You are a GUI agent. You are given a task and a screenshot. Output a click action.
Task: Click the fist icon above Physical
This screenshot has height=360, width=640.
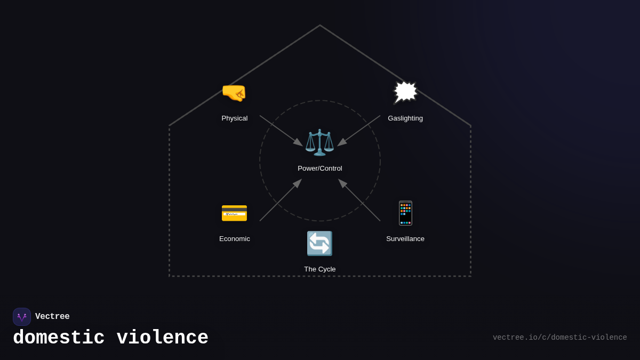click(234, 93)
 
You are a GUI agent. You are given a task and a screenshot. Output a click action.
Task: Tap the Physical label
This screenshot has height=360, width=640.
click(235, 118)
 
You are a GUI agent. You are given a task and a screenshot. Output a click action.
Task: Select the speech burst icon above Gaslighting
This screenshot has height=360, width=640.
click(405, 92)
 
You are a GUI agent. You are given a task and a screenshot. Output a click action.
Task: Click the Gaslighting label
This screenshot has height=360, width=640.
click(405, 118)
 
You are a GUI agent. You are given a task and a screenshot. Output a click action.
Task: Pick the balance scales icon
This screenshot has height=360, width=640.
click(319, 142)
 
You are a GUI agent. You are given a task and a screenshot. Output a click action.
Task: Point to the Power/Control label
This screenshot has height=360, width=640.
click(320, 169)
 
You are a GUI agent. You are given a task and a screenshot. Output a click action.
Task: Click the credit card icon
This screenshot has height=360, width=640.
click(234, 213)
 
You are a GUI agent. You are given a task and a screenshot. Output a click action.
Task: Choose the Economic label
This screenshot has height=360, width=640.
click(235, 239)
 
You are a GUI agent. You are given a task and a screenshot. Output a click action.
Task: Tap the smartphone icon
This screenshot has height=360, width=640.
click(405, 213)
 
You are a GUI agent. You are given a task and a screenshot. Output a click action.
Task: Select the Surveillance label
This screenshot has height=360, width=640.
click(405, 239)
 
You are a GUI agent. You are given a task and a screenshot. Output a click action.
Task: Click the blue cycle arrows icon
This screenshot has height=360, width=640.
click(319, 243)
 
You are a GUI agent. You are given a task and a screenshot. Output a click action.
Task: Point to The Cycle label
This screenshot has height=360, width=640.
click(320, 269)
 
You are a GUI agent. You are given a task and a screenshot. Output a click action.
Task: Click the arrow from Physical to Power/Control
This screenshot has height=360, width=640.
click(281, 131)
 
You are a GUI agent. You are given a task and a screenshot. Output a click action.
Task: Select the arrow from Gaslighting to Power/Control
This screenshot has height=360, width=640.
click(359, 131)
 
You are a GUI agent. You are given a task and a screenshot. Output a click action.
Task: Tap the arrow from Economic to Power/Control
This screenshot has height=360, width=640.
click(281, 200)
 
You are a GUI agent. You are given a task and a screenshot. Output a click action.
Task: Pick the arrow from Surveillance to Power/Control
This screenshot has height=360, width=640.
click(359, 200)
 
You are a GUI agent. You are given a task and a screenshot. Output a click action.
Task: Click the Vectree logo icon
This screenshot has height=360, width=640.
click(22, 317)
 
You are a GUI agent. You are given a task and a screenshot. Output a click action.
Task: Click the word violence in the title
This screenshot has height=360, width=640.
click(162, 338)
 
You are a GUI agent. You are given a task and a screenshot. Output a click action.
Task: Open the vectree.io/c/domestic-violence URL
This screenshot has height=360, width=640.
click(559, 338)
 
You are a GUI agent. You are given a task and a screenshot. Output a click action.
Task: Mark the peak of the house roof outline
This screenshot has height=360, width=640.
click(320, 26)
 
